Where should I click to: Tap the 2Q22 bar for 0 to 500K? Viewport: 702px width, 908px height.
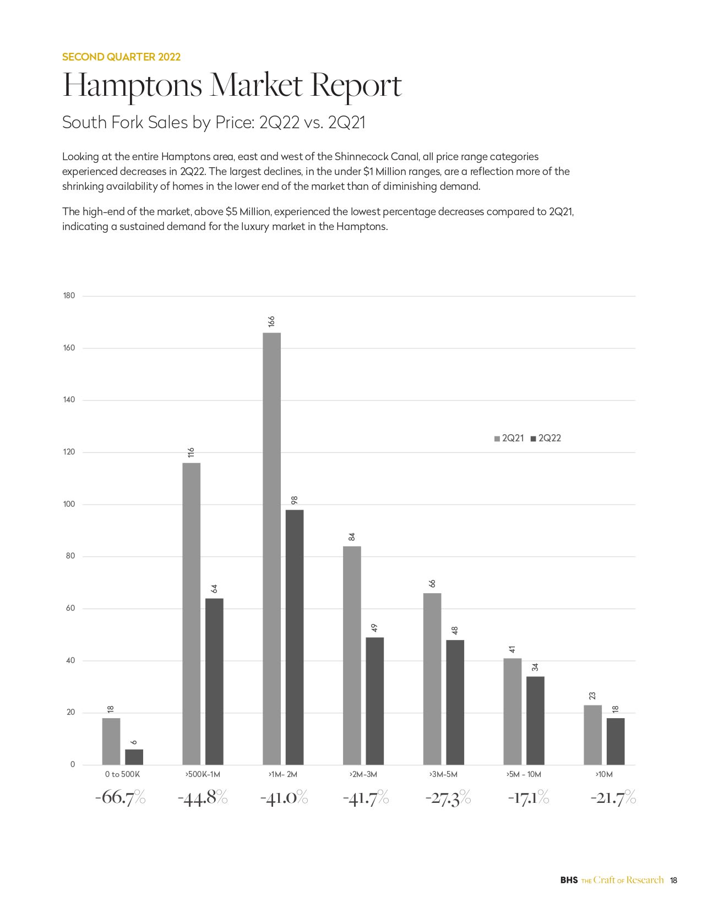click(134, 757)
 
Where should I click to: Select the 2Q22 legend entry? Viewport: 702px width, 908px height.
click(546, 438)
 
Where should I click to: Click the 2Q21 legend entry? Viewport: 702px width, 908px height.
click(509, 438)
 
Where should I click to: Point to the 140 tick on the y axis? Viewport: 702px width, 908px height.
click(69, 400)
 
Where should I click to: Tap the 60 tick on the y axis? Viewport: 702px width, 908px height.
click(70, 608)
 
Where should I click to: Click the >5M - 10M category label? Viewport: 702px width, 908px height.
click(524, 774)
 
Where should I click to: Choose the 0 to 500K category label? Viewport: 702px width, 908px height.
click(122, 774)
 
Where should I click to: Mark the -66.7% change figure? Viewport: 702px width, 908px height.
click(120, 797)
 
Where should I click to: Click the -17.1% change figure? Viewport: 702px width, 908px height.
click(528, 797)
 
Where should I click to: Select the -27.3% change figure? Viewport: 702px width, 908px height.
click(448, 797)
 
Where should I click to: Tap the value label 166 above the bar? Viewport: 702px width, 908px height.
click(271, 322)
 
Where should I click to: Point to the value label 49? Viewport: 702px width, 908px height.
click(374, 628)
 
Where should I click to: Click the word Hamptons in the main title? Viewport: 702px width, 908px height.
click(133, 85)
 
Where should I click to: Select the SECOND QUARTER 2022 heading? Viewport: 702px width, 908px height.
click(121, 57)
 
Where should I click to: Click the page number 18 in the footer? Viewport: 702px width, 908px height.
click(673, 880)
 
